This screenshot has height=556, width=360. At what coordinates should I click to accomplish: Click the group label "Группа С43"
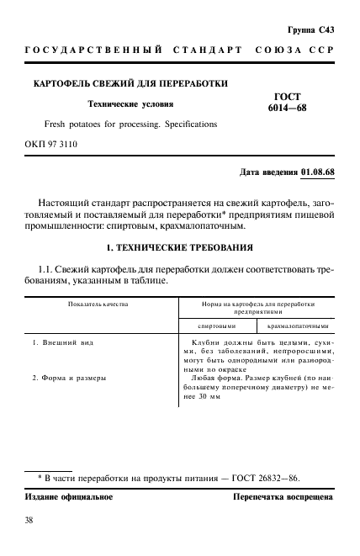pyautogui.click(x=310, y=30)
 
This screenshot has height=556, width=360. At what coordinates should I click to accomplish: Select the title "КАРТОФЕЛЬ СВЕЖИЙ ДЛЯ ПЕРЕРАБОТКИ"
pyautogui.click(x=130, y=85)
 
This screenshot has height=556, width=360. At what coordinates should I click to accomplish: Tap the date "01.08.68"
pyautogui.click(x=317, y=172)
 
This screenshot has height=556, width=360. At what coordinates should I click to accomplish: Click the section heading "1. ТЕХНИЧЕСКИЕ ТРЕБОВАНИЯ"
pyautogui.click(x=179, y=249)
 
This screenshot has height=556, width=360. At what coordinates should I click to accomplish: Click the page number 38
pyautogui.click(x=30, y=521)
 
